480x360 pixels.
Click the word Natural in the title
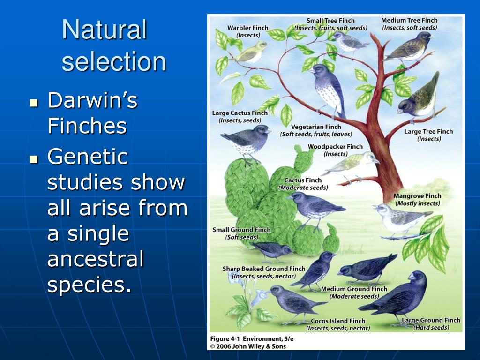105,30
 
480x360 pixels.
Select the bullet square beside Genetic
33,159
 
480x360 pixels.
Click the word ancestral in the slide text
95,259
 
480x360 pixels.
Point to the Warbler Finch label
247,28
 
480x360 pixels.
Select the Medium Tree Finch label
409,20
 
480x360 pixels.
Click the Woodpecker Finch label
335,147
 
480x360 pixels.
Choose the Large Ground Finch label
431,321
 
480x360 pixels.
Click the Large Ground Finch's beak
411,277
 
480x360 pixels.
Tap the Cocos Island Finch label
337,321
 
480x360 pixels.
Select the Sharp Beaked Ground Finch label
263,269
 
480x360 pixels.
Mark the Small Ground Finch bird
272,250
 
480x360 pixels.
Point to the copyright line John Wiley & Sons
248,346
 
